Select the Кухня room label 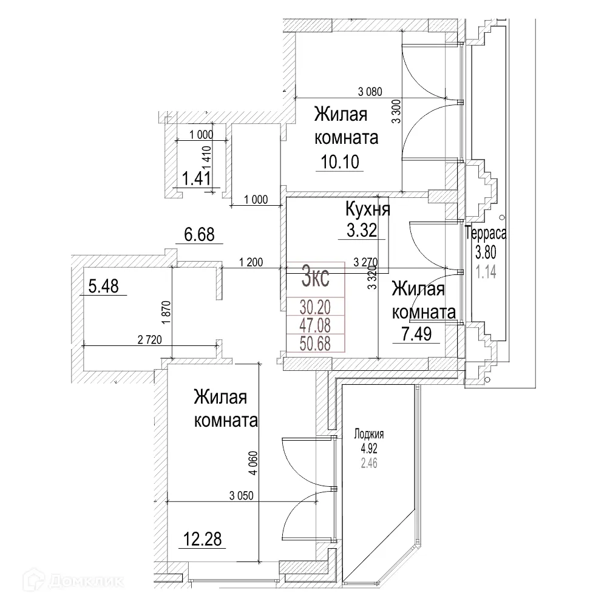367,209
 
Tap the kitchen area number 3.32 361,230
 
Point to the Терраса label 486,232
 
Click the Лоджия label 370,435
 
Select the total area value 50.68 315,343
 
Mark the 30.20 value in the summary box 315,306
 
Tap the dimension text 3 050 241,495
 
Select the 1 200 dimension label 251,262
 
